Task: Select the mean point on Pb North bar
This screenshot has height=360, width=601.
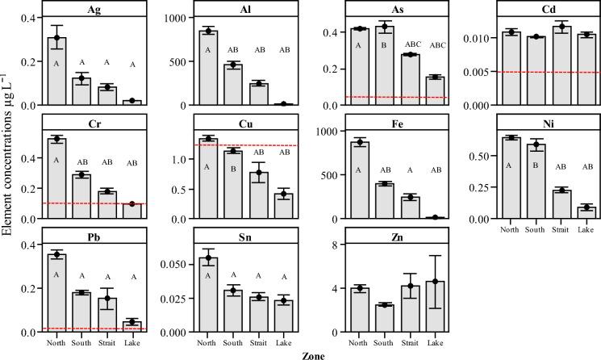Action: click(x=56, y=255)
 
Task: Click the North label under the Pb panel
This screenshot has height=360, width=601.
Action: click(x=56, y=342)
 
